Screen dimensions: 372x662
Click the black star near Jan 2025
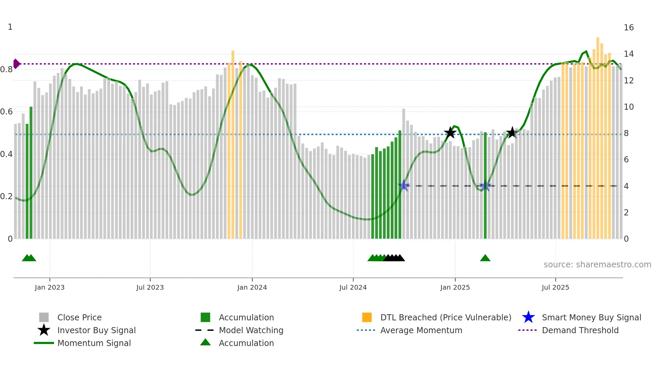450,133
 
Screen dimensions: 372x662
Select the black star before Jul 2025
512,132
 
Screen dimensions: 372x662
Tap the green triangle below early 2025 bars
485,258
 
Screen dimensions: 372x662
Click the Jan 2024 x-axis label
252,287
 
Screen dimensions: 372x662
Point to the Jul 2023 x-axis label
150,287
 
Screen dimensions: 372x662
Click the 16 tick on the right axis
629,28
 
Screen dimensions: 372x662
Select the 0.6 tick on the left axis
6,112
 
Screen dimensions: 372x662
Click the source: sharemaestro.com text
597,265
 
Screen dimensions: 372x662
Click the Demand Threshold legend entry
580,330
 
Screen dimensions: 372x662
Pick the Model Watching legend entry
251,330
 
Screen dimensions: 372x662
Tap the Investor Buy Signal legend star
44,330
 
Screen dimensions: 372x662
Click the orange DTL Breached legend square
367,317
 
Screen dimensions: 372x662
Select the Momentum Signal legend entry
94,343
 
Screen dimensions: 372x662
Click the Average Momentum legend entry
421,330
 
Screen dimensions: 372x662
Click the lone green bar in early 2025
485,186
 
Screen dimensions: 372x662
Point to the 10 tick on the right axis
629,107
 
